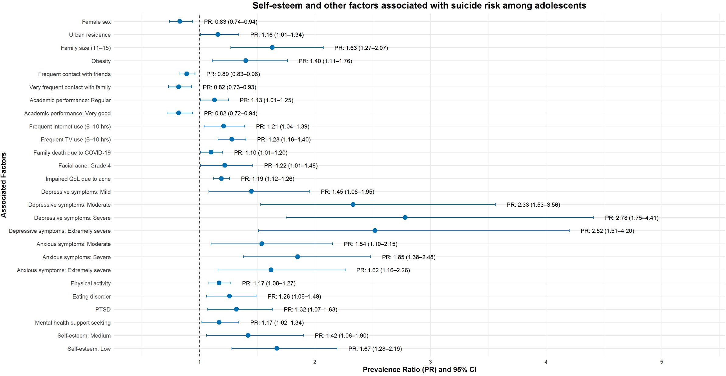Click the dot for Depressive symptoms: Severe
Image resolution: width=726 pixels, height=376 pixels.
405,217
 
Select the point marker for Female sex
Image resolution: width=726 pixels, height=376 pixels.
180,21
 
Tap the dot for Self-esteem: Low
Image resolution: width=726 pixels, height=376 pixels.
277,348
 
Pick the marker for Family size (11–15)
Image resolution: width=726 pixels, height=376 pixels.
272,47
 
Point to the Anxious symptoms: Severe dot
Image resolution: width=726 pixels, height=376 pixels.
297,257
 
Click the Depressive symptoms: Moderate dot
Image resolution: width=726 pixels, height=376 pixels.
353,204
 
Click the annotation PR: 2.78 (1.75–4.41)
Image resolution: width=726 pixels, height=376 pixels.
632,218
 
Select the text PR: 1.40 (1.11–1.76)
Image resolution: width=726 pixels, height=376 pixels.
325,61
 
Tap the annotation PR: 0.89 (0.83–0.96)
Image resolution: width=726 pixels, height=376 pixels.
233,74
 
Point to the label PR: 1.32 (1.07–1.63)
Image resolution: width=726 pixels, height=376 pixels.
310,310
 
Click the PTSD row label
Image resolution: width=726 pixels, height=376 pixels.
103,310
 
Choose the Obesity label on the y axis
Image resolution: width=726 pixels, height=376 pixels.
101,61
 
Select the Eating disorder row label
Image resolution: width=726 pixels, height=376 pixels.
92,297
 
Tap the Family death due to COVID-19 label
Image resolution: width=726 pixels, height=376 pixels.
72,153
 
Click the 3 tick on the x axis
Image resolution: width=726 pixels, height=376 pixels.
430,362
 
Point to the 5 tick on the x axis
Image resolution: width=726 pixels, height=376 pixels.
661,362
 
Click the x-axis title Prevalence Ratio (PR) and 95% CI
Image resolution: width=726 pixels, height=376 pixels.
419,370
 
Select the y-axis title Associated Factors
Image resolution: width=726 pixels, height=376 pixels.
4,185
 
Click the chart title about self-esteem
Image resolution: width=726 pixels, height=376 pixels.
419,5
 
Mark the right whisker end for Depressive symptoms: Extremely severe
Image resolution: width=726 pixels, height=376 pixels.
569,230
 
